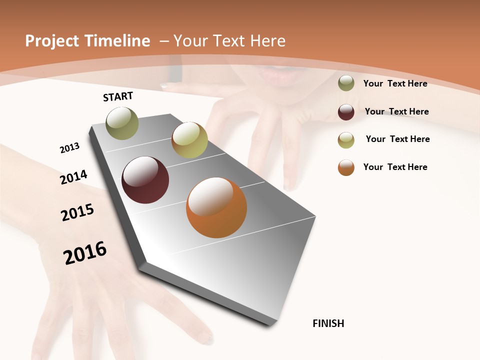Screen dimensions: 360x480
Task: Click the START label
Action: point(118,96)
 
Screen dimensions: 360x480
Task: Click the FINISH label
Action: point(328,323)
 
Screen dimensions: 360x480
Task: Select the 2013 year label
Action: point(69,147)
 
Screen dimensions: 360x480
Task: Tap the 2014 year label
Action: point(73,177)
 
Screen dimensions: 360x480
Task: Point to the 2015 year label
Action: point(77,212)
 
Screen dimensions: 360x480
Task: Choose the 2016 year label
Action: point(85,252)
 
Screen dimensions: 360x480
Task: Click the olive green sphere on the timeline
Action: point(122,123)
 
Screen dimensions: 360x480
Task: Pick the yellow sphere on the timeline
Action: point(189,139)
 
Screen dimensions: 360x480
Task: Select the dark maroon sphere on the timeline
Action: point(145,180)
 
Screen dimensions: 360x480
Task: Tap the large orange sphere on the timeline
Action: point(216,207)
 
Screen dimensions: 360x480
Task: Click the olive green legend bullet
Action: point(346,83)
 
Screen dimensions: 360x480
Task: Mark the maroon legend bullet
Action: point(346,112)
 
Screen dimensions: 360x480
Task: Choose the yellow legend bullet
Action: point(346,140)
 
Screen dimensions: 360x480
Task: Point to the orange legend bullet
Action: point(346,167)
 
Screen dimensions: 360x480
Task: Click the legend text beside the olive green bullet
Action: point(395,83)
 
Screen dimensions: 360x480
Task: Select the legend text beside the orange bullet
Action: point(395,167)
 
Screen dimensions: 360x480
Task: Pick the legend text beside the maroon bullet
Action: point(396,111)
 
